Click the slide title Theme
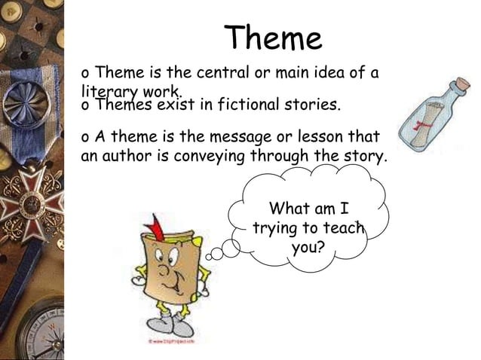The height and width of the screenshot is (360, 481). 274,38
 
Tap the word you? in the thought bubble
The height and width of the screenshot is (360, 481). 308,246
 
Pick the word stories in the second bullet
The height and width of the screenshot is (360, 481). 314,105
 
